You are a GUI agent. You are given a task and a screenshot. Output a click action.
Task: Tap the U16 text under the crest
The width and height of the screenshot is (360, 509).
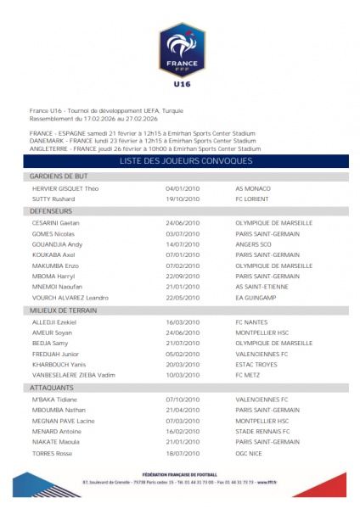tap(180, 84)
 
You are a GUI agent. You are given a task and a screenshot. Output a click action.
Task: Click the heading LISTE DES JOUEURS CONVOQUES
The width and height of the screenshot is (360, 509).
tap(180, 160)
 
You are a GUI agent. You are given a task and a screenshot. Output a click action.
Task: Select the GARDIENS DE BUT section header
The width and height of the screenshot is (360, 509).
tap(53, 176)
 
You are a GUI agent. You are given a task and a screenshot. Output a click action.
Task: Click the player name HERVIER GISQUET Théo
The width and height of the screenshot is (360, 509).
tap(65, 187)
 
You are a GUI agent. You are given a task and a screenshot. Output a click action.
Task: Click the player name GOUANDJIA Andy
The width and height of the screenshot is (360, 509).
tap(57, 243)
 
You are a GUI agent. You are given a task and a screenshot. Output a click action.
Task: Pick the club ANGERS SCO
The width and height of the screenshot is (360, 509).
tap(256, 243)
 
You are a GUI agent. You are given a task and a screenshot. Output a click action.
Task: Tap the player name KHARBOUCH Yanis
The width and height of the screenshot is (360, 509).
tap(59, 365)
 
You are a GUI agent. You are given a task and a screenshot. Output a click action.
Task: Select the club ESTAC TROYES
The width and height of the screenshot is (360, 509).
tap(258, 365)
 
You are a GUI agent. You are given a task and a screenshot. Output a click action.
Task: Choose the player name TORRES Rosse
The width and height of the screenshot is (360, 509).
tap(53, 454)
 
